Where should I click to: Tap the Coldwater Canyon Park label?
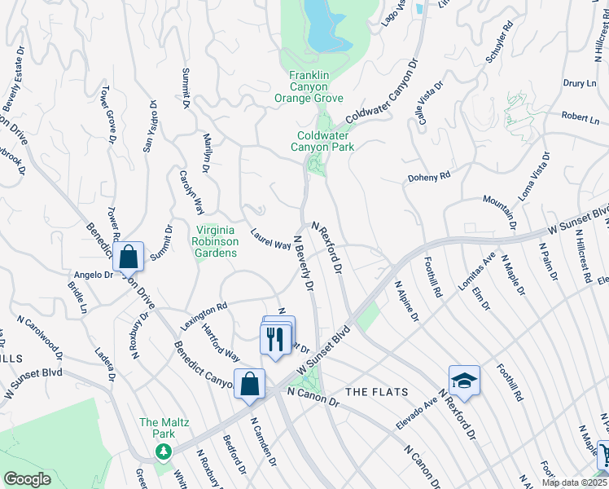click(x=325, y=141)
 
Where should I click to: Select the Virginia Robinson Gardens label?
click(x=215, y=241)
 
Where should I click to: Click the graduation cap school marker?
click(x=464, y=381)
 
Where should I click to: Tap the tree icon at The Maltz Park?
click(x=164, y=451)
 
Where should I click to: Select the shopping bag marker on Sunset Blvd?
click(x=249, y=384)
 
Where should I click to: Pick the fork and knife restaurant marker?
click(x=274, y=337)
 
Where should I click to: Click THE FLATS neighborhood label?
click(x=370, y=392)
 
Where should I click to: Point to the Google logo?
click(x=27, y=479)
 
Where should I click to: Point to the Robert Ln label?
click(x=580, y=117)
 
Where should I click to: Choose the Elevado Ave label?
click(x=417, y=413)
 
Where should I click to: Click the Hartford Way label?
click(x=221, y=346)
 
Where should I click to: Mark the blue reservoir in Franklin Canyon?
click(x=326, y=24)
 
